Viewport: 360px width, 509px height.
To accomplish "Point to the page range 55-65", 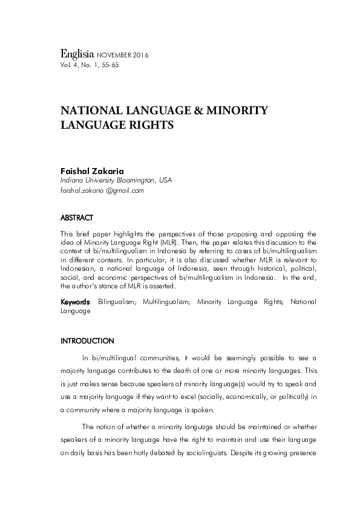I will coord(111,64).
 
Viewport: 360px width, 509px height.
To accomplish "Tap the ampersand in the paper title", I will coord(199,111).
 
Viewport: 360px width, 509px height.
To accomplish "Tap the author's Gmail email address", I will coord(102,190).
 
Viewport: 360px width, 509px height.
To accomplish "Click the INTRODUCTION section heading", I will coord(87,341).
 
